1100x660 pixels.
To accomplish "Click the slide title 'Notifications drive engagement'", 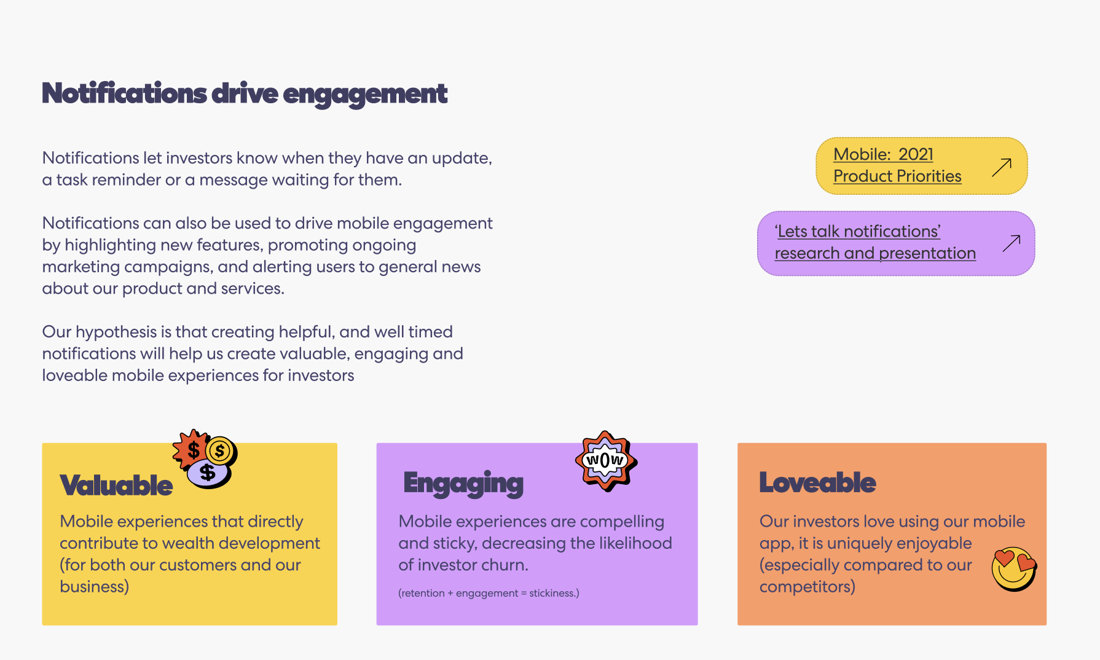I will click(245, 93).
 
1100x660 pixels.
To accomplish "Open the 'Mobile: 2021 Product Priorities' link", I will click(897, 165).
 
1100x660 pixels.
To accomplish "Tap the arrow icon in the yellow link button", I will click(1002, 167).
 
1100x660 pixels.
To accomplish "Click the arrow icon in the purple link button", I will click(1012, 243).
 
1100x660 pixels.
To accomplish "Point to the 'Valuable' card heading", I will click(116, 485).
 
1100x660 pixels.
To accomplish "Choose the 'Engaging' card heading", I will click(463, 484).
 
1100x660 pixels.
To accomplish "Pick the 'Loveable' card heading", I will click(817, 483).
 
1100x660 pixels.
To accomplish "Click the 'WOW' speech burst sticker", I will click(606, 460).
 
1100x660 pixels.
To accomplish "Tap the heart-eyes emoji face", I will click(1013, 569).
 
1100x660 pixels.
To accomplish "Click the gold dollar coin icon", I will click(219, 451).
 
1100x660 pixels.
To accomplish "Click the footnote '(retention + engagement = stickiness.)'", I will click(489, 593).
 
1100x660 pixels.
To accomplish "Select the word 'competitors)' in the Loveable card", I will click(807, 587).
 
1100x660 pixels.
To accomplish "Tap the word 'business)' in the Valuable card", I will click(94, 587).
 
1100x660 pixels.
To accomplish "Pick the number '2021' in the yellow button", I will click(916, 154).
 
